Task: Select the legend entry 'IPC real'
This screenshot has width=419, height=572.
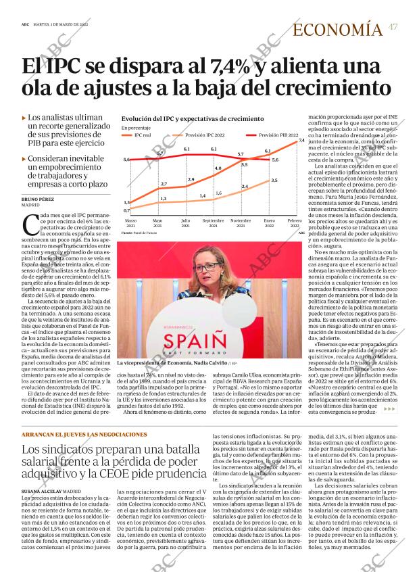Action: [x=142, y=135]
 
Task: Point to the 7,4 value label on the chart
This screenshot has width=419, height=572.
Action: [x=301, y=140]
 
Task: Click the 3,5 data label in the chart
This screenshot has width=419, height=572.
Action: [x=274, y=180]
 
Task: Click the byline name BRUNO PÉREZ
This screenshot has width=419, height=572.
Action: [x=38, y=199]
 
